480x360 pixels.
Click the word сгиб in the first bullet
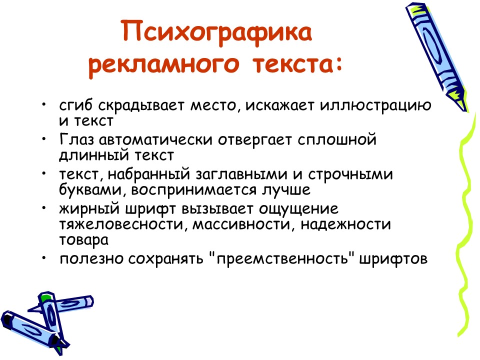(76, 106)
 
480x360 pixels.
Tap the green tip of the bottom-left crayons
(45, 298)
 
